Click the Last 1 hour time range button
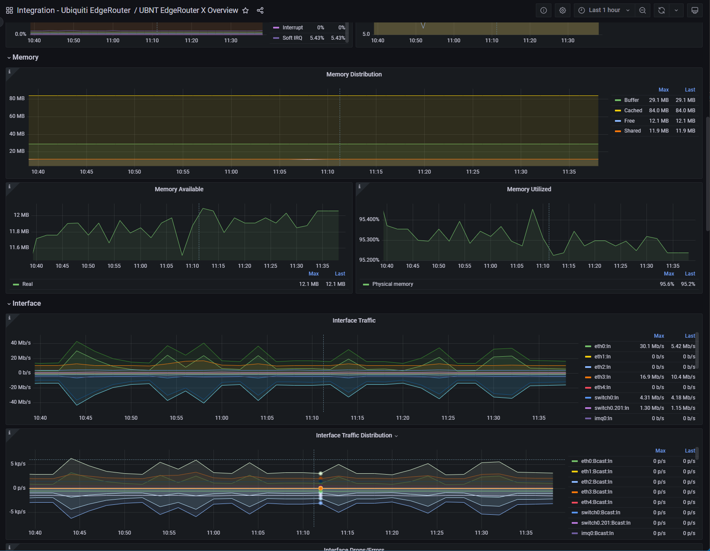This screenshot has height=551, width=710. click(604, 10)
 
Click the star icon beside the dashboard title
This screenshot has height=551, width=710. click(245, 10)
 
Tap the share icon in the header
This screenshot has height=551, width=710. click(260, 10)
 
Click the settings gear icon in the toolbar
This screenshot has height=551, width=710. click(563, 10)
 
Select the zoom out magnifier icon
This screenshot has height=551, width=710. click(643, 10)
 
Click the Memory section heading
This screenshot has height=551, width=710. click(25, 57)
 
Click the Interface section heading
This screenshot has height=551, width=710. click(26, 304)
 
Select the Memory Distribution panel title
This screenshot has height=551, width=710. click(354, 74)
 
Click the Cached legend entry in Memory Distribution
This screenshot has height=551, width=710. click(633, 111)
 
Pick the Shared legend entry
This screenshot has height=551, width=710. click(632, 131)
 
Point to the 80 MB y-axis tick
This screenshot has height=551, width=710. click(17, 98)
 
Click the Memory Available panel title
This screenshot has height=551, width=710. click(179, 189)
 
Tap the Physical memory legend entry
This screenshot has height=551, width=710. click(392, 284)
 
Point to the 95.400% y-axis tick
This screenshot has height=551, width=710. click(369, 219)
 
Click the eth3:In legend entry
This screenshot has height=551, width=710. click(602, 377)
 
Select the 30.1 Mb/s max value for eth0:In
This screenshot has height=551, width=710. click(652, 346)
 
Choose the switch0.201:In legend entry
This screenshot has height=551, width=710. click(611, 408)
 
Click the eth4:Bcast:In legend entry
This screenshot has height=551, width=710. click(596, 502)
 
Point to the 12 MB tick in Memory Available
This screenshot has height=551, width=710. click(21, 215)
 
